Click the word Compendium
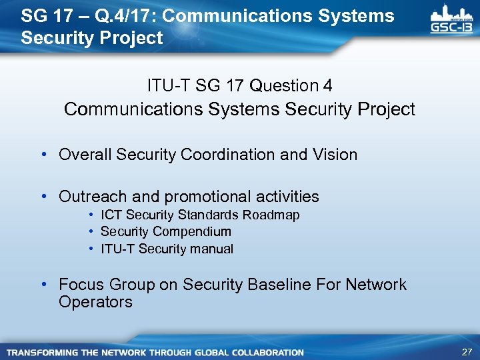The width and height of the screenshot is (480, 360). (x=192, y=232)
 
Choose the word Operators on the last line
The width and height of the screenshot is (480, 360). (x=95, y=302)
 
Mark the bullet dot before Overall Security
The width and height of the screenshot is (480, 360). (x=43, y=155)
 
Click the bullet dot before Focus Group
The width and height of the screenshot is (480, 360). (x=43, y=285)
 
